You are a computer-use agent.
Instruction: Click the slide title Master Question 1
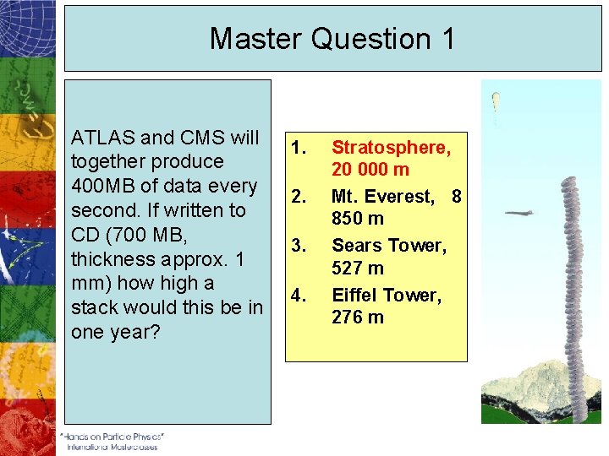[332, 39]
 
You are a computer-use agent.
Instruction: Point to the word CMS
[200, 138]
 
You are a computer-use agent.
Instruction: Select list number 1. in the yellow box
[299, 148]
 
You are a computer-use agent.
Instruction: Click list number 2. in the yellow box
[299, 197]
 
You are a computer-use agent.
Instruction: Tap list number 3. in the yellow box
[299, 246]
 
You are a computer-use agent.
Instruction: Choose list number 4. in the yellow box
[299, 295]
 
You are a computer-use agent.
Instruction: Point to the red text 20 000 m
[370, 170]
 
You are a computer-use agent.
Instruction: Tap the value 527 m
[357, 268]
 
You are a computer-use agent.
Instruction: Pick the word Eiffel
[355, 295]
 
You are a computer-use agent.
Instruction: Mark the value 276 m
[357, 317]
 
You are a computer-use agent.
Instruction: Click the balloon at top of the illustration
[496, 99]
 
